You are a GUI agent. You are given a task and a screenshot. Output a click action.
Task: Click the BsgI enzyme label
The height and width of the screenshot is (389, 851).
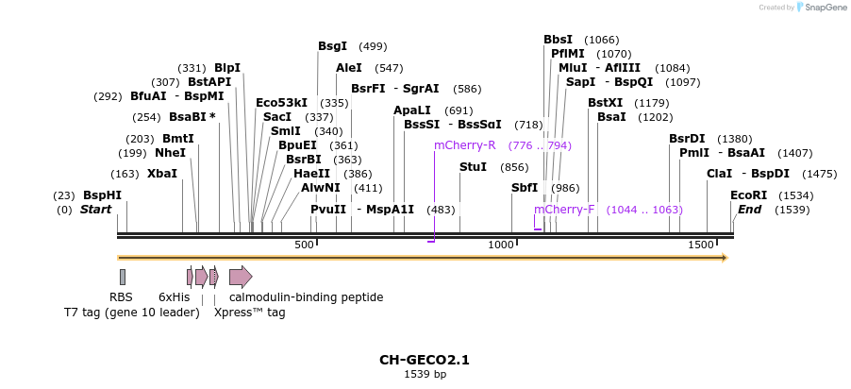[x=332, y=45]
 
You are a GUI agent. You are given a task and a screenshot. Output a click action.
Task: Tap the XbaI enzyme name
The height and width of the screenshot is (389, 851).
[x=161, y=174]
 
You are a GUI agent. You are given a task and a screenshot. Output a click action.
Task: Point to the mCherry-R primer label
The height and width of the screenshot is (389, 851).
[x=464, y=145]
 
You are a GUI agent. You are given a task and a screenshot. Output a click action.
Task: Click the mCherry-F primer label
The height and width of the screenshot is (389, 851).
[x=564, y=210]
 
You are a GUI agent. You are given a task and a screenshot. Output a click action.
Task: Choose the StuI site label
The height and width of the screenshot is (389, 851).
[x=473, y=167]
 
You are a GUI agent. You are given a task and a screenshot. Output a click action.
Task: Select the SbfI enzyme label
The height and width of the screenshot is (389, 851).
[x=525, y=188]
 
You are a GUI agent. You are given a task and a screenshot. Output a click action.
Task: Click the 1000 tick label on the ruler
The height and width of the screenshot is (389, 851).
[x=501, y=245]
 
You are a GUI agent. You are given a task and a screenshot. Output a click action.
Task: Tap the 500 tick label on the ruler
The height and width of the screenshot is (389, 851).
[x=304, y=245]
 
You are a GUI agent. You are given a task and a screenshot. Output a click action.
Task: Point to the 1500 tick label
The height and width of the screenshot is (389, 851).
[x=701, y=245]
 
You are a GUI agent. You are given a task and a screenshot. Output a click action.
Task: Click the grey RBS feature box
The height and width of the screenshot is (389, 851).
[x=123, y=277]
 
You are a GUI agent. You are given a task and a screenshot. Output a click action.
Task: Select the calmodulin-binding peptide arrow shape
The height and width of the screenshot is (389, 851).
[x=241, y=277]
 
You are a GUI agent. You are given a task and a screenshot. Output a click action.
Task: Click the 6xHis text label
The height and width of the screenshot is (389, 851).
[x=174, y=297]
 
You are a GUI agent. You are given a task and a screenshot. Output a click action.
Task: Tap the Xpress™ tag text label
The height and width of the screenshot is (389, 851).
[x=249, y=313]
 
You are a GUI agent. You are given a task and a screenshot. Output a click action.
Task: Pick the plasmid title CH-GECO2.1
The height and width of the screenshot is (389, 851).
[x=425, y=360]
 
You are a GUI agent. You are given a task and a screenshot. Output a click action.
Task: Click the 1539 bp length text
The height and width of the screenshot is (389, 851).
[x=425, y=375]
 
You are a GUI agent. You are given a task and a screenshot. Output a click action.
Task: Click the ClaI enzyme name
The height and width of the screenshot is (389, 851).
[x=719, y=174]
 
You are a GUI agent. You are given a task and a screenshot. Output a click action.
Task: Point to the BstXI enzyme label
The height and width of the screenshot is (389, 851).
[x=605, y=103]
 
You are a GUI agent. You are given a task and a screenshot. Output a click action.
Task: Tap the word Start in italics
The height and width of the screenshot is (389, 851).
[x=95, y=210]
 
